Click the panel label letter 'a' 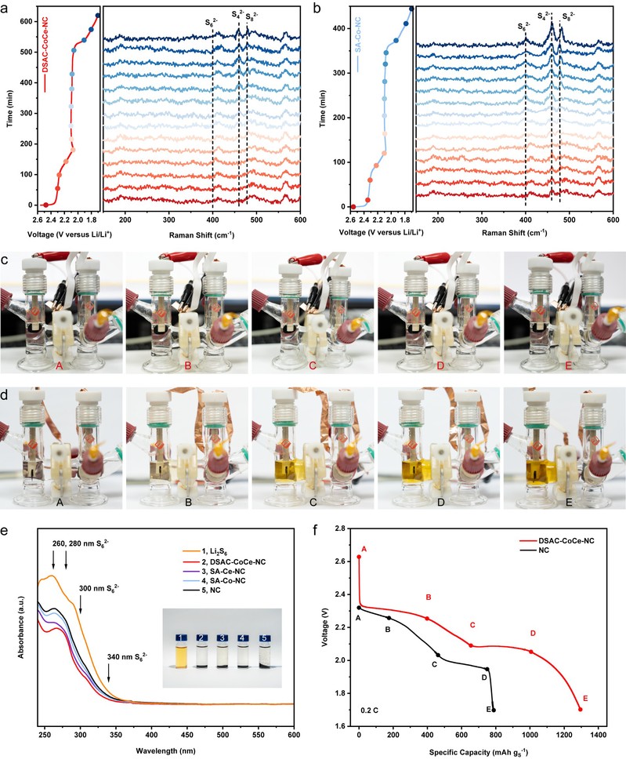(5, 5)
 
